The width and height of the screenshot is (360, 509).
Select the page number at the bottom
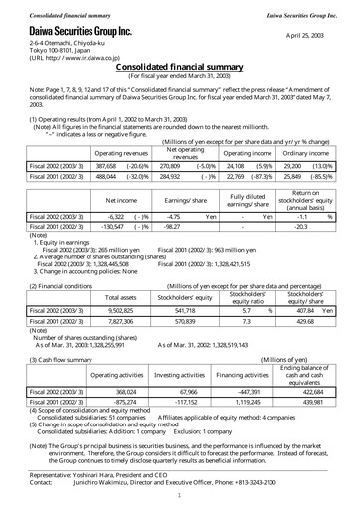click(179, 494)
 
